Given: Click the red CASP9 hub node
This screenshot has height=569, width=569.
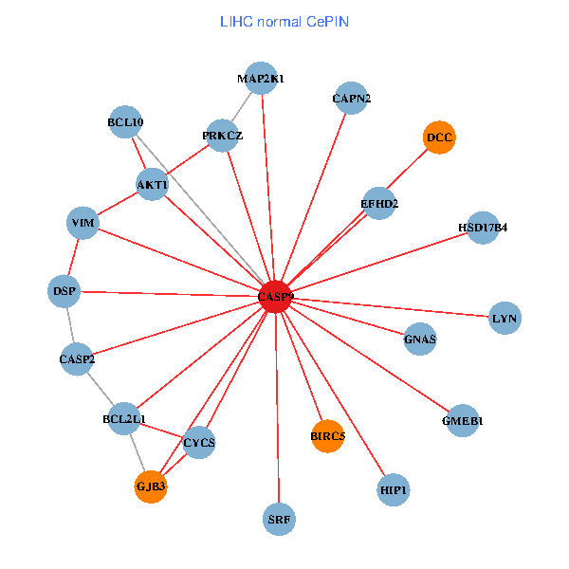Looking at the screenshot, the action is coord(276,297).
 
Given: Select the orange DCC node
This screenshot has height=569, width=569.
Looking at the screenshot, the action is coord(439,138).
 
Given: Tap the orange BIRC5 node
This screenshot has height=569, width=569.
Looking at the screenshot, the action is coord(327,436).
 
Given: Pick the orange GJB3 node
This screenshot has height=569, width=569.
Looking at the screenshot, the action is coord(151,486).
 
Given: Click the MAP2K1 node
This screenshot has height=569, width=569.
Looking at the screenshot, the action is coord(261,79).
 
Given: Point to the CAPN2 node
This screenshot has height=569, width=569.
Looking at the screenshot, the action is coord(352,99).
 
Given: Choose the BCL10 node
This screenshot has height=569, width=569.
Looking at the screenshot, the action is coord(125,122).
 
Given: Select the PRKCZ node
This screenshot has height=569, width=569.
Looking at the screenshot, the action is coord(222,136).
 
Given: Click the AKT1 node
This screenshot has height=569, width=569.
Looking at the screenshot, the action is coord(152,184).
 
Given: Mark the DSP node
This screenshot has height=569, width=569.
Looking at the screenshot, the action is coord(64,291).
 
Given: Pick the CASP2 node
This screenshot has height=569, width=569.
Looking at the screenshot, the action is coord(77,359).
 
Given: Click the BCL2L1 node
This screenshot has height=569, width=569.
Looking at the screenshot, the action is coord(124,418).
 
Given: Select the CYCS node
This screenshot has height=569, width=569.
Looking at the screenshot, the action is coord(199,443).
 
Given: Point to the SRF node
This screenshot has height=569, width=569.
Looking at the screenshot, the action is coord(279,519).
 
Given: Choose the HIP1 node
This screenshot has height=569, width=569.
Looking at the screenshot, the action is coord(393,490).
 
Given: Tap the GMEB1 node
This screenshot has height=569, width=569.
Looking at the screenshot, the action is coord(462,421).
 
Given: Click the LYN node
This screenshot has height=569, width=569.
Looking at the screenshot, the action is coord(505,319).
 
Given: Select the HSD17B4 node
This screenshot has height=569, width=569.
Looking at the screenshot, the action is coord(483,228).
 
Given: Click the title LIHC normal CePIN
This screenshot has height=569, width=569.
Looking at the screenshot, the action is coord(284,21).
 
